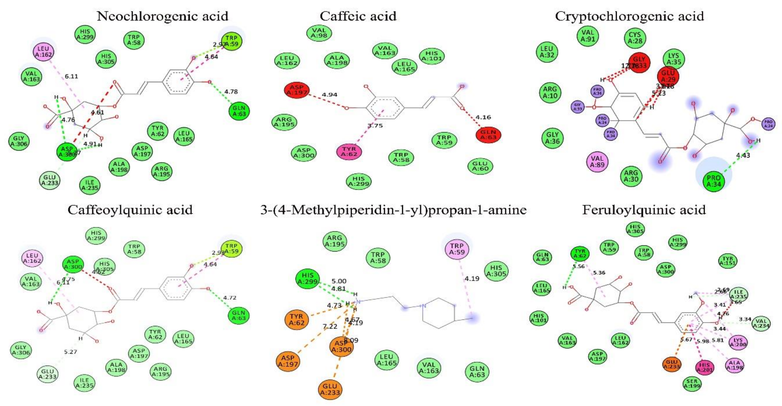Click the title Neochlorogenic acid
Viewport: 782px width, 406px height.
click(x=162, y=16)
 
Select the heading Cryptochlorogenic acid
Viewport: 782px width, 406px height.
click(x=629, y=16)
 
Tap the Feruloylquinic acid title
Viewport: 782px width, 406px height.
click(x=644, y=210)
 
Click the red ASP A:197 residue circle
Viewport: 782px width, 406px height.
click(x=297, y=90)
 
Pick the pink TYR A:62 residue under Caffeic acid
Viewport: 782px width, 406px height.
click(x=349, y=151)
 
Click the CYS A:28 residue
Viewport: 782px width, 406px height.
click(x=635, y=38)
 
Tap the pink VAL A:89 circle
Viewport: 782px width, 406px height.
click(x=597, y=162)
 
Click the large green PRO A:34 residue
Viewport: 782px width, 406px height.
click(x=714, y=181)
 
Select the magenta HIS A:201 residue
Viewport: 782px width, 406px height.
click(x=704, y=367)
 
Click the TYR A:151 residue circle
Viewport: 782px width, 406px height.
click(x=728, y=261)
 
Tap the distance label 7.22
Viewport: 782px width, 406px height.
click(x=330, y=326)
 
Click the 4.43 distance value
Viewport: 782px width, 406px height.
click(x=743, y=155)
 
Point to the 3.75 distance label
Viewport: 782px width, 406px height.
click(x=375, y=126)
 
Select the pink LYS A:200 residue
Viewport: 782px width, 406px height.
click(x=738, y=342)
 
